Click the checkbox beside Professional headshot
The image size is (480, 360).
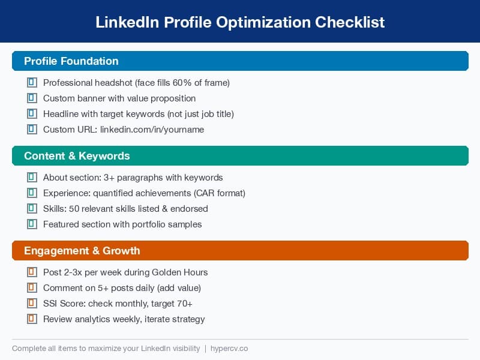(32, 83)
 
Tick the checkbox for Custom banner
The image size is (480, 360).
(32, 98)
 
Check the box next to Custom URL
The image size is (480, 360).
(32, 130)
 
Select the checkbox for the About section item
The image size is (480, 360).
(32, 178)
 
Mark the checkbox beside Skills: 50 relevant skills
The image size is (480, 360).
(32, 209)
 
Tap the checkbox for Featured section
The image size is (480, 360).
(32, 224)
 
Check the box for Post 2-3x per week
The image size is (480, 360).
(32, 272)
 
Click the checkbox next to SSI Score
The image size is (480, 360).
(32, 304)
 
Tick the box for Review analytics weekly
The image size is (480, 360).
(32, 319)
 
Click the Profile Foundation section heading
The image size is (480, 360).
(71, 61)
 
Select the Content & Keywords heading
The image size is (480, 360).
(77, 156)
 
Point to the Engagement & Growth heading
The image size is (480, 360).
(82, 251)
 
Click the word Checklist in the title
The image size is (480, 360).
(350, 22)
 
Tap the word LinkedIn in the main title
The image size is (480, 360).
(127, 22)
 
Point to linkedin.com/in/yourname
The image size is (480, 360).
(152, 130)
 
